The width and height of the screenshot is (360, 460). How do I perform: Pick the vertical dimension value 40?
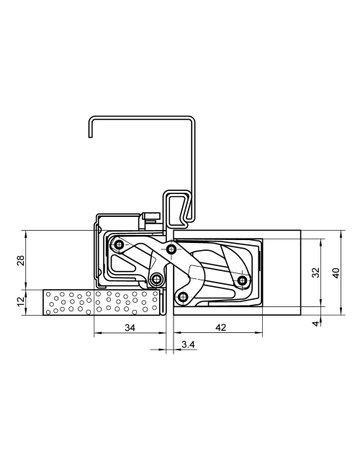point(336,272)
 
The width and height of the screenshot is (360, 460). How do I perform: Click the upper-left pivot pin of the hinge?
point(119,244)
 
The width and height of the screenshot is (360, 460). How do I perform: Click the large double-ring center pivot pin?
point(157,280)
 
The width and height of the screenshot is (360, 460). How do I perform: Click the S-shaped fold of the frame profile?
point(177,208)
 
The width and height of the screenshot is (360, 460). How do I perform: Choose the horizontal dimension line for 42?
point(220,335)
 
